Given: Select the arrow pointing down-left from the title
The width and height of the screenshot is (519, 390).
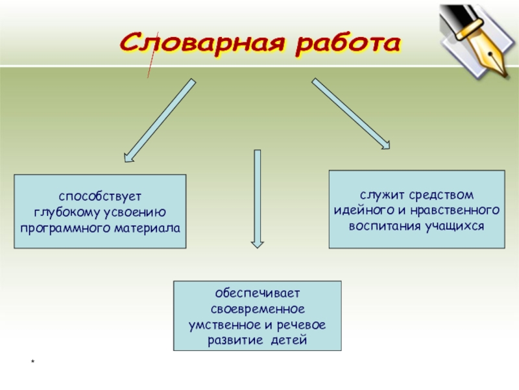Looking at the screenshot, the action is (x=159, y=120).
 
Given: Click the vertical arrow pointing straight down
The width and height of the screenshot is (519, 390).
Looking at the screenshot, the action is (x=258, y=198).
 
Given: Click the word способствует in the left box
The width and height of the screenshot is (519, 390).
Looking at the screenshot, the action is (x=100, y=197).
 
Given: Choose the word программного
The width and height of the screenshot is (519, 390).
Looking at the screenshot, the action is (x=60, y=228).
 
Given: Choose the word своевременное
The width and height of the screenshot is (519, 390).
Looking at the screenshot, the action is (x=257, y=309).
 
